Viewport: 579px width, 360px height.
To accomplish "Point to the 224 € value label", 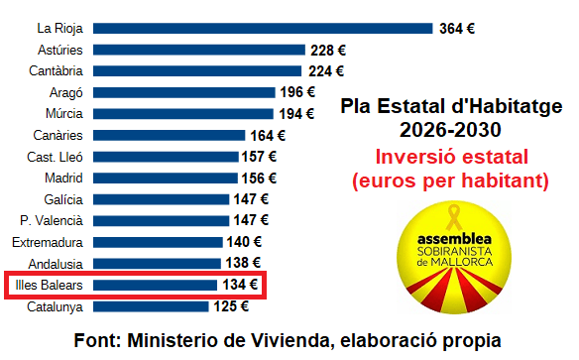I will tap(325, 71).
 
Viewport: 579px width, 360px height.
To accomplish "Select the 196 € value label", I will tap(297, 92).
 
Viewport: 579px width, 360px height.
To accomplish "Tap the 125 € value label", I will tap(230, 306).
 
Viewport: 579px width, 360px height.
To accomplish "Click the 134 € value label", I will tap(239, 286).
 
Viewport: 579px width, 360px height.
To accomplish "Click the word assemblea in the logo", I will tap(455, 241).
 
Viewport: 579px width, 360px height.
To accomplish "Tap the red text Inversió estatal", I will tap(451, 158).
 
